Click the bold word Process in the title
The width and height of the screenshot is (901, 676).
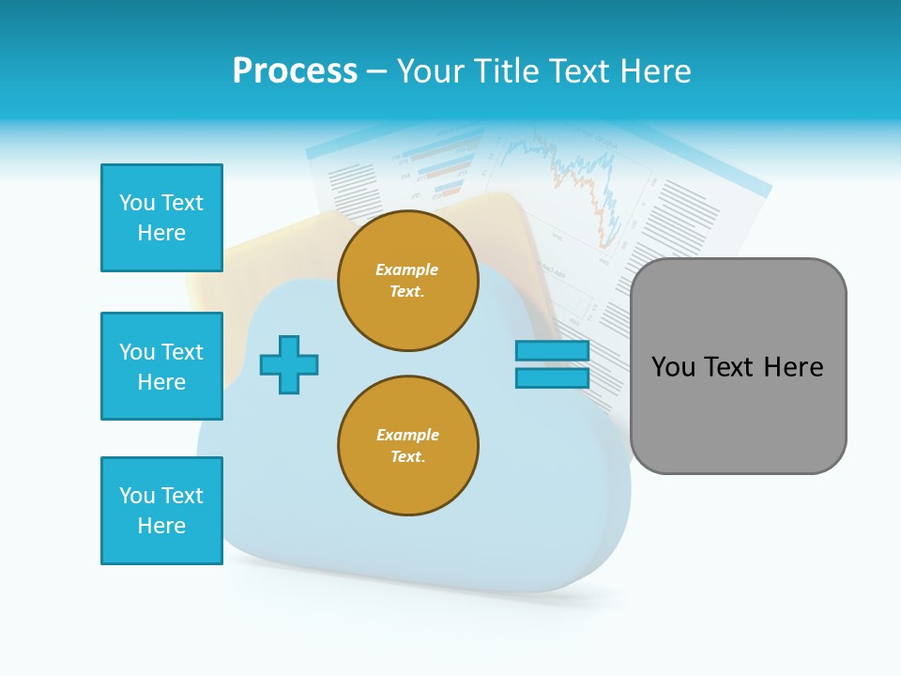tap(295, 71)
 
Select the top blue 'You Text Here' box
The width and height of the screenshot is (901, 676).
tap(161, 218)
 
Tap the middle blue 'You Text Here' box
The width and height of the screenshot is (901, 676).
tap(161, 366)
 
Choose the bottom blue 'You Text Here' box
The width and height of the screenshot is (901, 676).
tap(161, 511)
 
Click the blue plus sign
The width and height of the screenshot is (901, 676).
tap(289, 364)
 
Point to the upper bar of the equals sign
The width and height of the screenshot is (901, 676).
tap(552, 350)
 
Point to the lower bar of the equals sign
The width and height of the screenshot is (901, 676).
tap(552, 378)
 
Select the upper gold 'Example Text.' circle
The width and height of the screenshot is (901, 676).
tap(407, 281)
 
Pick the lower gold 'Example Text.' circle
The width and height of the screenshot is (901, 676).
tap(407, 446)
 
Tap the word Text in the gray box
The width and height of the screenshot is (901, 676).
tap(729, 367)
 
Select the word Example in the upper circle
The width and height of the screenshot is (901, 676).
tap(407, 269)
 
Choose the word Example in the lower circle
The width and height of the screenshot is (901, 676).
tap(407, 435)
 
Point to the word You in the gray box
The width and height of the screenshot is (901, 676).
tap(673, 367)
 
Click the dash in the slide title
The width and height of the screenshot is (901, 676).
tap(377, 71)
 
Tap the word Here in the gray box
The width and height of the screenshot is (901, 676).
tap(793, 367)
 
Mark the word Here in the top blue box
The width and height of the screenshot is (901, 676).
tap(161, 233)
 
